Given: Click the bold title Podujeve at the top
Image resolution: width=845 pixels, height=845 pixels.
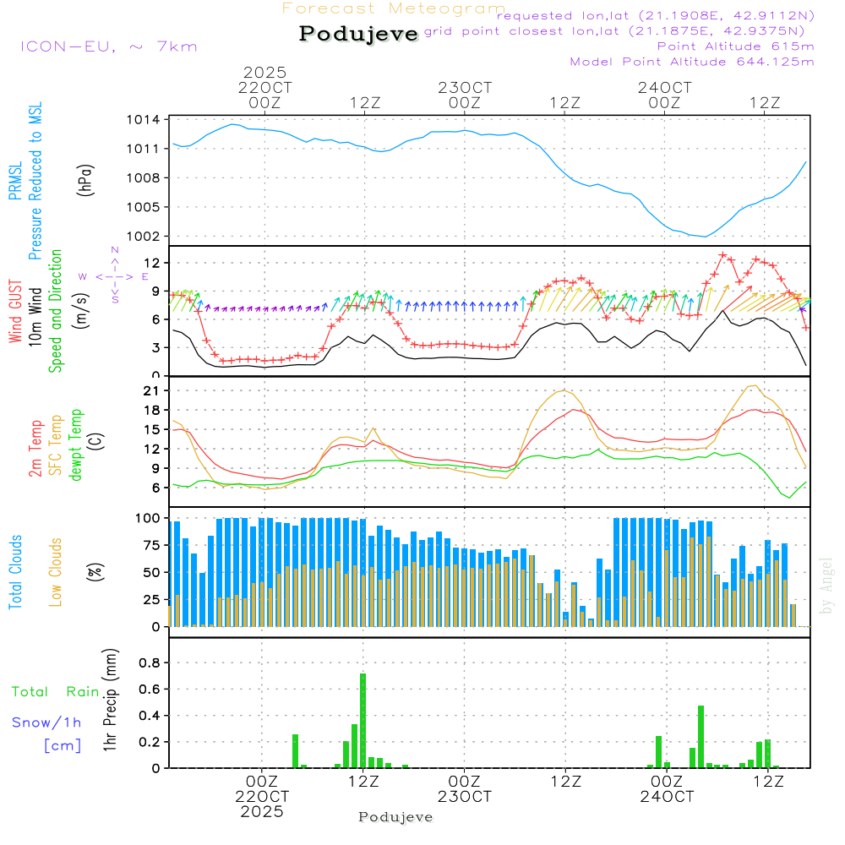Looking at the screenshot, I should (359, 34).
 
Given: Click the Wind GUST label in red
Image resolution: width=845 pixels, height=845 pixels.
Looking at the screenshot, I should (15, 311).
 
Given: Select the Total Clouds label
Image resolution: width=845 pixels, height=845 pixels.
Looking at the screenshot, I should (15, 572).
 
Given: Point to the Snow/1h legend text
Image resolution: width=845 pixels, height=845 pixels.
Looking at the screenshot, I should (47, 722).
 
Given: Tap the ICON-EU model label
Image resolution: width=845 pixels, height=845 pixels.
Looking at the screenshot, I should (108, 46).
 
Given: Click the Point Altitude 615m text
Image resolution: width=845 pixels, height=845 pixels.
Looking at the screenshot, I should (735, 46).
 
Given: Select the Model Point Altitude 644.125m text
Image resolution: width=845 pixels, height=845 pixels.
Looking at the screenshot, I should (692, 62).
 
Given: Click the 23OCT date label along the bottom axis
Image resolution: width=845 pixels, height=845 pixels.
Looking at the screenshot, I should (464, 797).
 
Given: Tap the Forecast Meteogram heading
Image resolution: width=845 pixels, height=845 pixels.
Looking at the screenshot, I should (393, 9).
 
